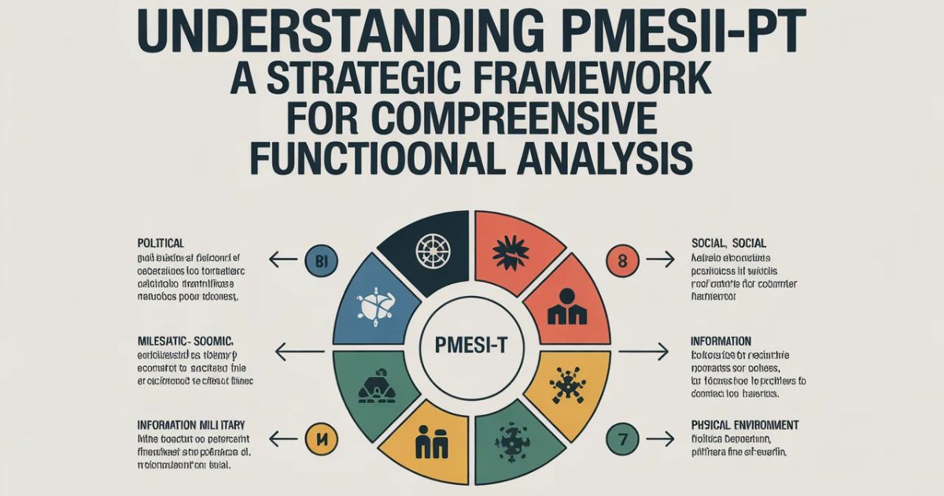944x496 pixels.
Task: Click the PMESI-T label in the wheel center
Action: [471, 344]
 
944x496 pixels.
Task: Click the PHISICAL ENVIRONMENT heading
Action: [744, 425]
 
